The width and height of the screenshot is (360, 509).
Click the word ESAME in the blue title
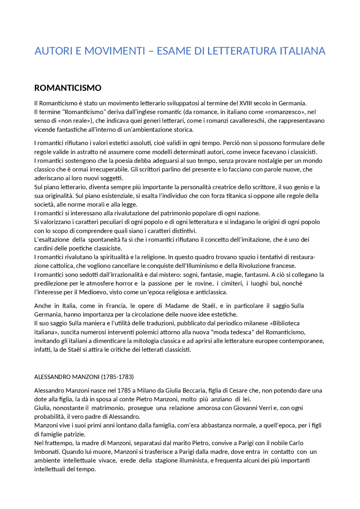click(173, 51)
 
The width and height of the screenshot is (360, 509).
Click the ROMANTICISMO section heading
click(67, 88)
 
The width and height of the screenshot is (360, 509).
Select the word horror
click(125, 284)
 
